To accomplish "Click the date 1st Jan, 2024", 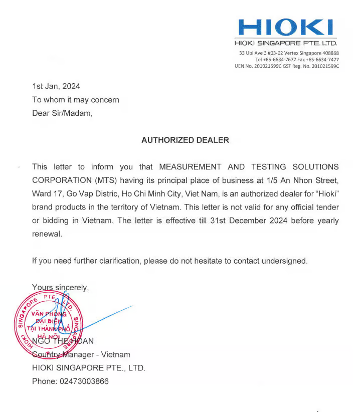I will coord(56,86).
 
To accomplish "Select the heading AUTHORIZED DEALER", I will coord(185,140).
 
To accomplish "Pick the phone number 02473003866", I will coord(84,381).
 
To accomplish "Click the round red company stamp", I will coord(49,325).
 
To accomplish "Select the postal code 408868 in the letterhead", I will coord(329,53).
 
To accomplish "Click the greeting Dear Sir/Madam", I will coord(62,113).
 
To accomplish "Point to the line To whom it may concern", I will coord(76,100).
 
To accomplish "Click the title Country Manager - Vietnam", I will coord(81,354).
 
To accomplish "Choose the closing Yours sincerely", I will coord(60,287).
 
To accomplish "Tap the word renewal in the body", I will coord(47,234).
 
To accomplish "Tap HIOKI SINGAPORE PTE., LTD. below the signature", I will coord(89,368).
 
